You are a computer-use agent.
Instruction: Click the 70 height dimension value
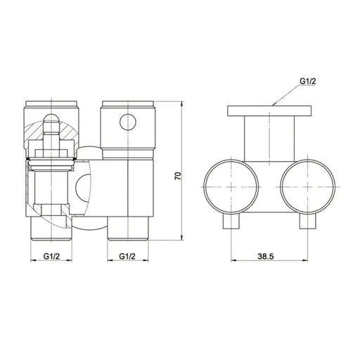click(178, 175)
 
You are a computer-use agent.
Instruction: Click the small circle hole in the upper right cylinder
click(127, 122)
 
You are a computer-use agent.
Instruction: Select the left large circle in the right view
click(230, 185)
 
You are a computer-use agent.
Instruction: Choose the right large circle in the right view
click(307, 185)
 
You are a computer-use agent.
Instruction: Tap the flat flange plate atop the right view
click(269, 110)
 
